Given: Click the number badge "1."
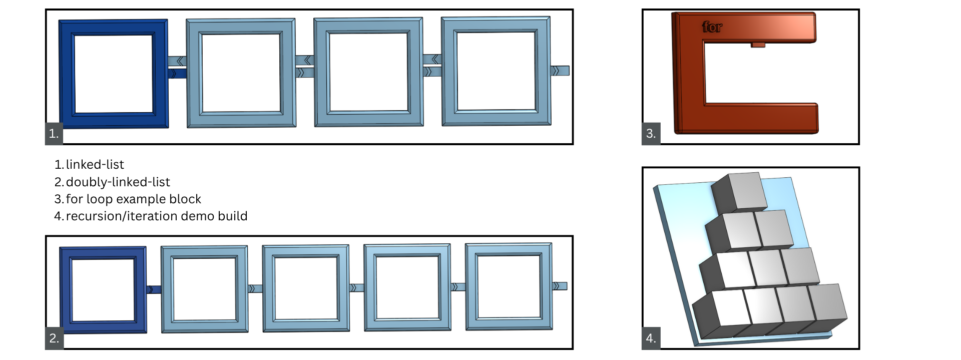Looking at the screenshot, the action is click(x=54, y=134).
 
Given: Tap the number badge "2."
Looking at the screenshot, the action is click(x=54, y=338).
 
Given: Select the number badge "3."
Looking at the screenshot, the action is click(x=651, y=134).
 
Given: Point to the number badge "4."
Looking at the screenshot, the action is click(x=651, y=338).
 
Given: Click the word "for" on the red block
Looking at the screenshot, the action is click(x=712, y=27).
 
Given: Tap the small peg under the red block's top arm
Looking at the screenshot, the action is click(x=758, y=45).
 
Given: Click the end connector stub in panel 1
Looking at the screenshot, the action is click(x=560, y=71).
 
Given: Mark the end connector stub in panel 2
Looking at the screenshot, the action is click(x=560, y=286).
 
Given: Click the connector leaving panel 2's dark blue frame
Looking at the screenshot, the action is click(x=154, y=289).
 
